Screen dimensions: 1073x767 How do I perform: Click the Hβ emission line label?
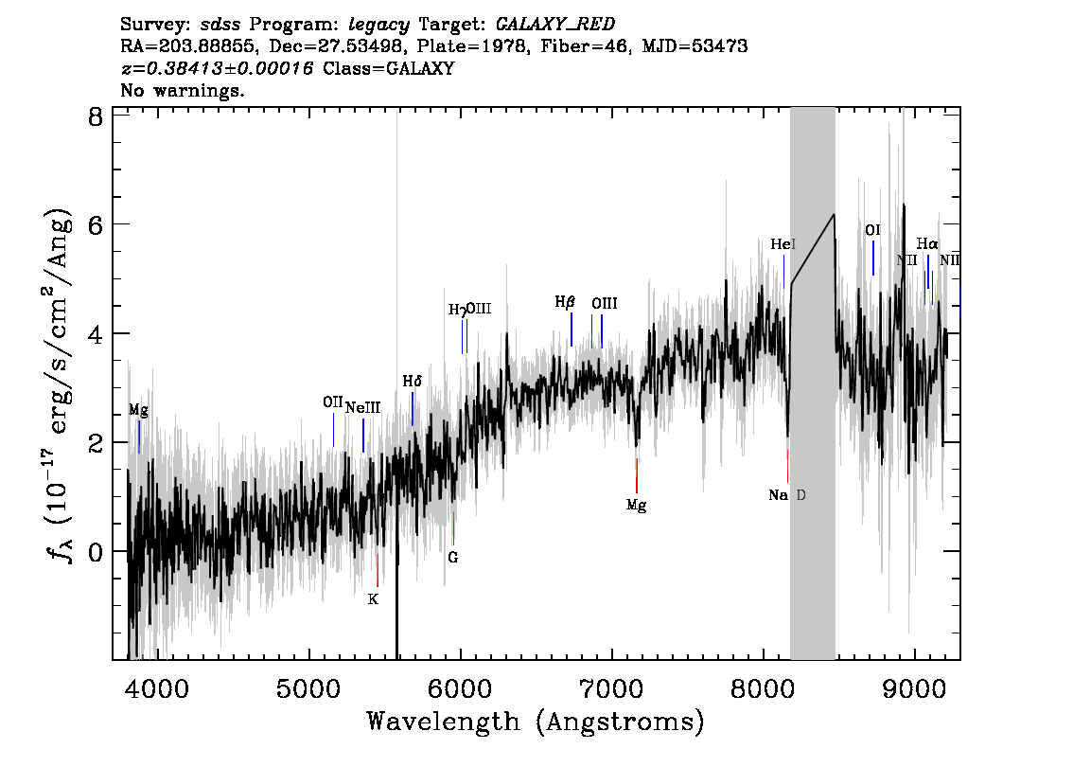tap(565, 302)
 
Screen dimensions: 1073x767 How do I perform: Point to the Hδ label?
tap(412, 381)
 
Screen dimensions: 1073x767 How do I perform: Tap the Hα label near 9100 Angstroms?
tap(927, 243)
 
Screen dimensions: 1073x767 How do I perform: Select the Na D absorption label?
tap(787, 495)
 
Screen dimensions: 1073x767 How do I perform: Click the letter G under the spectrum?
tap(453, 558)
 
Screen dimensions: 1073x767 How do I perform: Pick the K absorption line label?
tap(373, 599)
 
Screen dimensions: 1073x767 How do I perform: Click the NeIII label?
tap(362, 407)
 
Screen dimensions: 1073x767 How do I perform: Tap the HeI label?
tap(783, 243)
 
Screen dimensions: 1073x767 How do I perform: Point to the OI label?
tap(872, 230)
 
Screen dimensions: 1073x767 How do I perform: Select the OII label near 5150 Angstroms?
tap(332, 402)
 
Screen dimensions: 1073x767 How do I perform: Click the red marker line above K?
tap(377, 570)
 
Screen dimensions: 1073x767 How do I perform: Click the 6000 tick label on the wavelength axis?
tap(461, 689)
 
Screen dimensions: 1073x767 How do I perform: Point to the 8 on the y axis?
tap(96, 117)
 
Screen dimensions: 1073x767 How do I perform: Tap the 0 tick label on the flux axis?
tap(96, 551)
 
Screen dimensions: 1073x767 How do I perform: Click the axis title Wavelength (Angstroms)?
tap(536, 722)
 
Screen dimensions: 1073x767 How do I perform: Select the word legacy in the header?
tap(379, 26)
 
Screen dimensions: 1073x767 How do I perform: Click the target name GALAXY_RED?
tap(555, 25)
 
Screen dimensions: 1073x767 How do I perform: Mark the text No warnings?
tap(182, 90)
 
